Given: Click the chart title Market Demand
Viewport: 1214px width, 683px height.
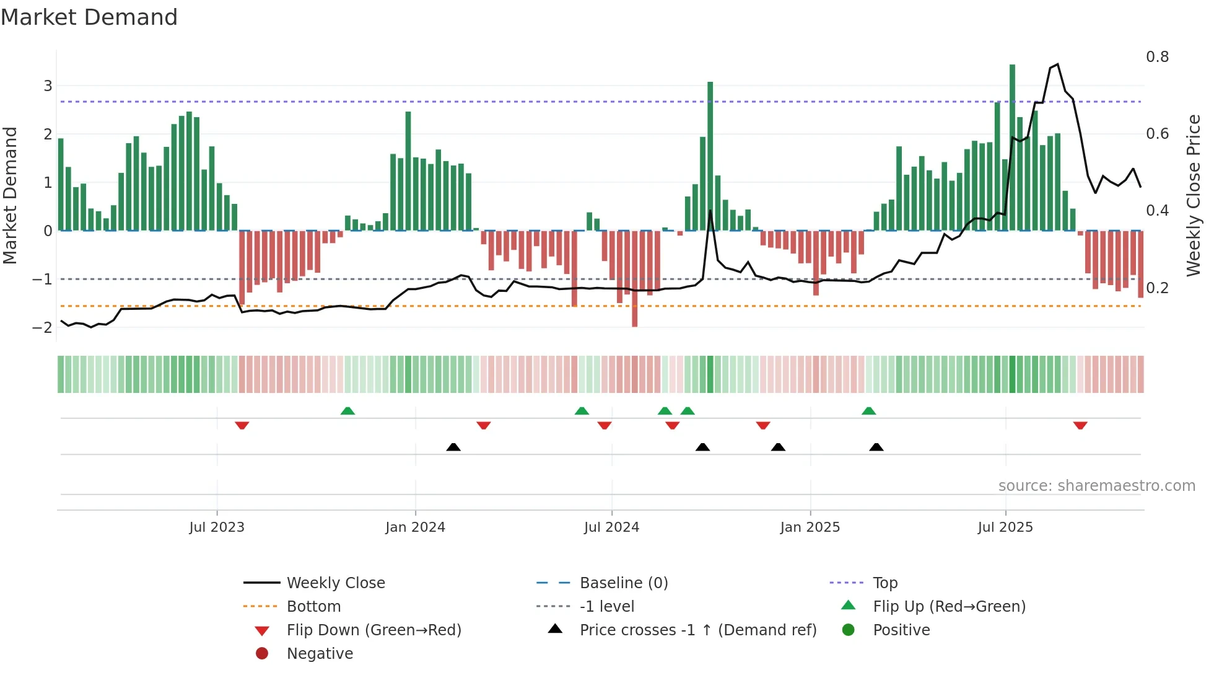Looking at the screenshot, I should pos(89,17).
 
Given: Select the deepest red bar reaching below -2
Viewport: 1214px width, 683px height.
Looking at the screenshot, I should pos(634,279).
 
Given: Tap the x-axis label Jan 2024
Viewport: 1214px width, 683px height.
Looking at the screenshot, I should pos(415,527).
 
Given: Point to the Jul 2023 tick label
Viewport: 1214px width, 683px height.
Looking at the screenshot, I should pos(217,527).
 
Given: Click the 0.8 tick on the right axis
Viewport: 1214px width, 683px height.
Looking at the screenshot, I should pos(1157,57).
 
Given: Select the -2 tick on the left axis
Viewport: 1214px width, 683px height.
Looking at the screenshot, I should pos(43,327).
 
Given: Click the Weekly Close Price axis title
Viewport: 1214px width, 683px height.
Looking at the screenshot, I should pos(1193,195).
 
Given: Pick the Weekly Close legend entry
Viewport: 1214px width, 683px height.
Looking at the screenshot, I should pos(335,583).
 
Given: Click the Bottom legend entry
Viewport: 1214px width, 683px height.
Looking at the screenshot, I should pos(313,607).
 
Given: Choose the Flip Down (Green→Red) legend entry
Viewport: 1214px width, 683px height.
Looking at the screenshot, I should pos(373,630).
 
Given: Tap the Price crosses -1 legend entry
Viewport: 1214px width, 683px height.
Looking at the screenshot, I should pos(697,630).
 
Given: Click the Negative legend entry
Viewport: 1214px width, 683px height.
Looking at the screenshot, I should pos(320,654).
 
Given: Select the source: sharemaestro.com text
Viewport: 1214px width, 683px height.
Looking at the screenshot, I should pos(1096,486).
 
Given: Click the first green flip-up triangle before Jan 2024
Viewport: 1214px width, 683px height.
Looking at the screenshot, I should pos(347,411).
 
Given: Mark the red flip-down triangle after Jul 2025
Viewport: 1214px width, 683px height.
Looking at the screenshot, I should pos(1080,425).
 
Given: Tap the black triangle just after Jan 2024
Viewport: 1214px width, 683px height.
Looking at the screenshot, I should pos(453,447).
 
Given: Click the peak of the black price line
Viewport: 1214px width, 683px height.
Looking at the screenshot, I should pos(1057,64).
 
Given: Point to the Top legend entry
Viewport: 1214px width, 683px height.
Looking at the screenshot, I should pos(884,583).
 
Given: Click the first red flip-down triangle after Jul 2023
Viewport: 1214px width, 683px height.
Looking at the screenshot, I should pos(242,425).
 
